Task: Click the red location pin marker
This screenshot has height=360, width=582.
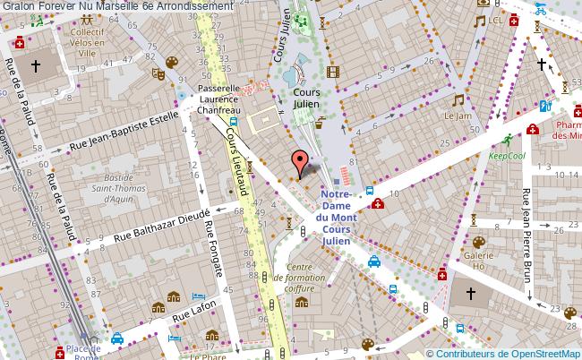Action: pos(299,161)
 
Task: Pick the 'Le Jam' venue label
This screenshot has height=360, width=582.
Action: pos(458,116)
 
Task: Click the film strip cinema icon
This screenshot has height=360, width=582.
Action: pos(334,73)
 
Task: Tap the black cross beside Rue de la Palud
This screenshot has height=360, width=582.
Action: pos(36,65)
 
